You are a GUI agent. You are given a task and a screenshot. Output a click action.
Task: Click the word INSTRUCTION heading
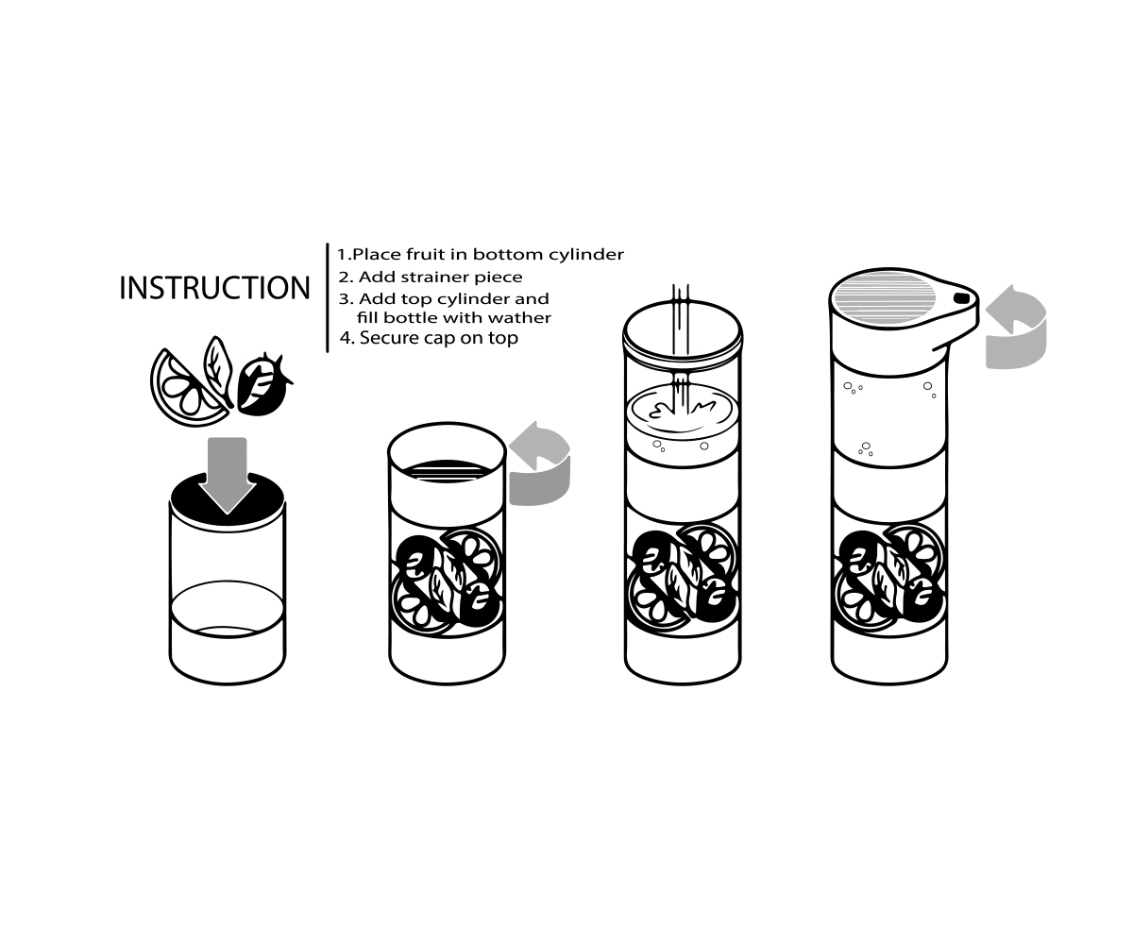click(214, 288)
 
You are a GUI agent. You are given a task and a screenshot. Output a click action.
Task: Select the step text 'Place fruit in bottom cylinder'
click(488, 255)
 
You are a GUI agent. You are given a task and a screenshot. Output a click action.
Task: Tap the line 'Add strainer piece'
click(440, 278)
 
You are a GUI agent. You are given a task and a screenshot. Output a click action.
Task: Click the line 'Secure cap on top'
click(438, 338)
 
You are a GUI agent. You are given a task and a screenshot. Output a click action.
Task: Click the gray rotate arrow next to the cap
click(1016, 328)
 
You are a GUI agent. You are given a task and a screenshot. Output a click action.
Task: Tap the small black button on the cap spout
click(961, 298)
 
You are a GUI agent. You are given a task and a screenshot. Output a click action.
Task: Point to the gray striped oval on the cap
click(885, 298)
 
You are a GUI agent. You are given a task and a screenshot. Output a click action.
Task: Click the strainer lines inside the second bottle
click(447, 470)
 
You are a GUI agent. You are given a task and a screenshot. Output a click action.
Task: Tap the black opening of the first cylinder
click(227, 499)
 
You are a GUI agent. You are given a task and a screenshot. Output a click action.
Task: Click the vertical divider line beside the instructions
click(328, 298)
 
